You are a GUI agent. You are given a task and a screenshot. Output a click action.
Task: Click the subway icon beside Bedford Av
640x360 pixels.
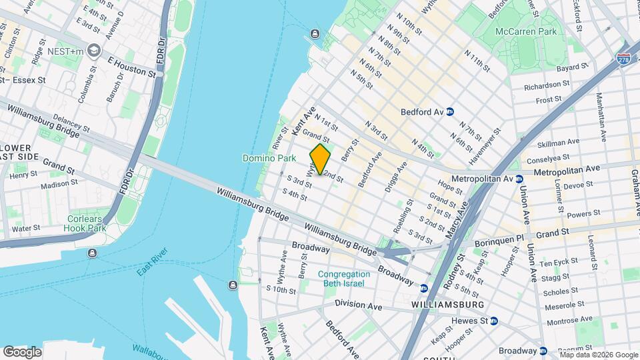pos(450,112)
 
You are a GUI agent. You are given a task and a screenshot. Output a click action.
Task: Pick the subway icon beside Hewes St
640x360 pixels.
pos(494,321)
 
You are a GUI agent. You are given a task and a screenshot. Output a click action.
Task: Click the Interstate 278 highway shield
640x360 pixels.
pos(623,59)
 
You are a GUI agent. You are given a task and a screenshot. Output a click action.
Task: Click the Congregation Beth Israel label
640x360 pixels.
pos(343,279)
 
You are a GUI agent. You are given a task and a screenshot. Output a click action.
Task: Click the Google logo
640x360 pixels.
pos(21,352)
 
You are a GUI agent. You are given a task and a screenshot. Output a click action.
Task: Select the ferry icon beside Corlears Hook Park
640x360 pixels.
pos(92,253)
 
